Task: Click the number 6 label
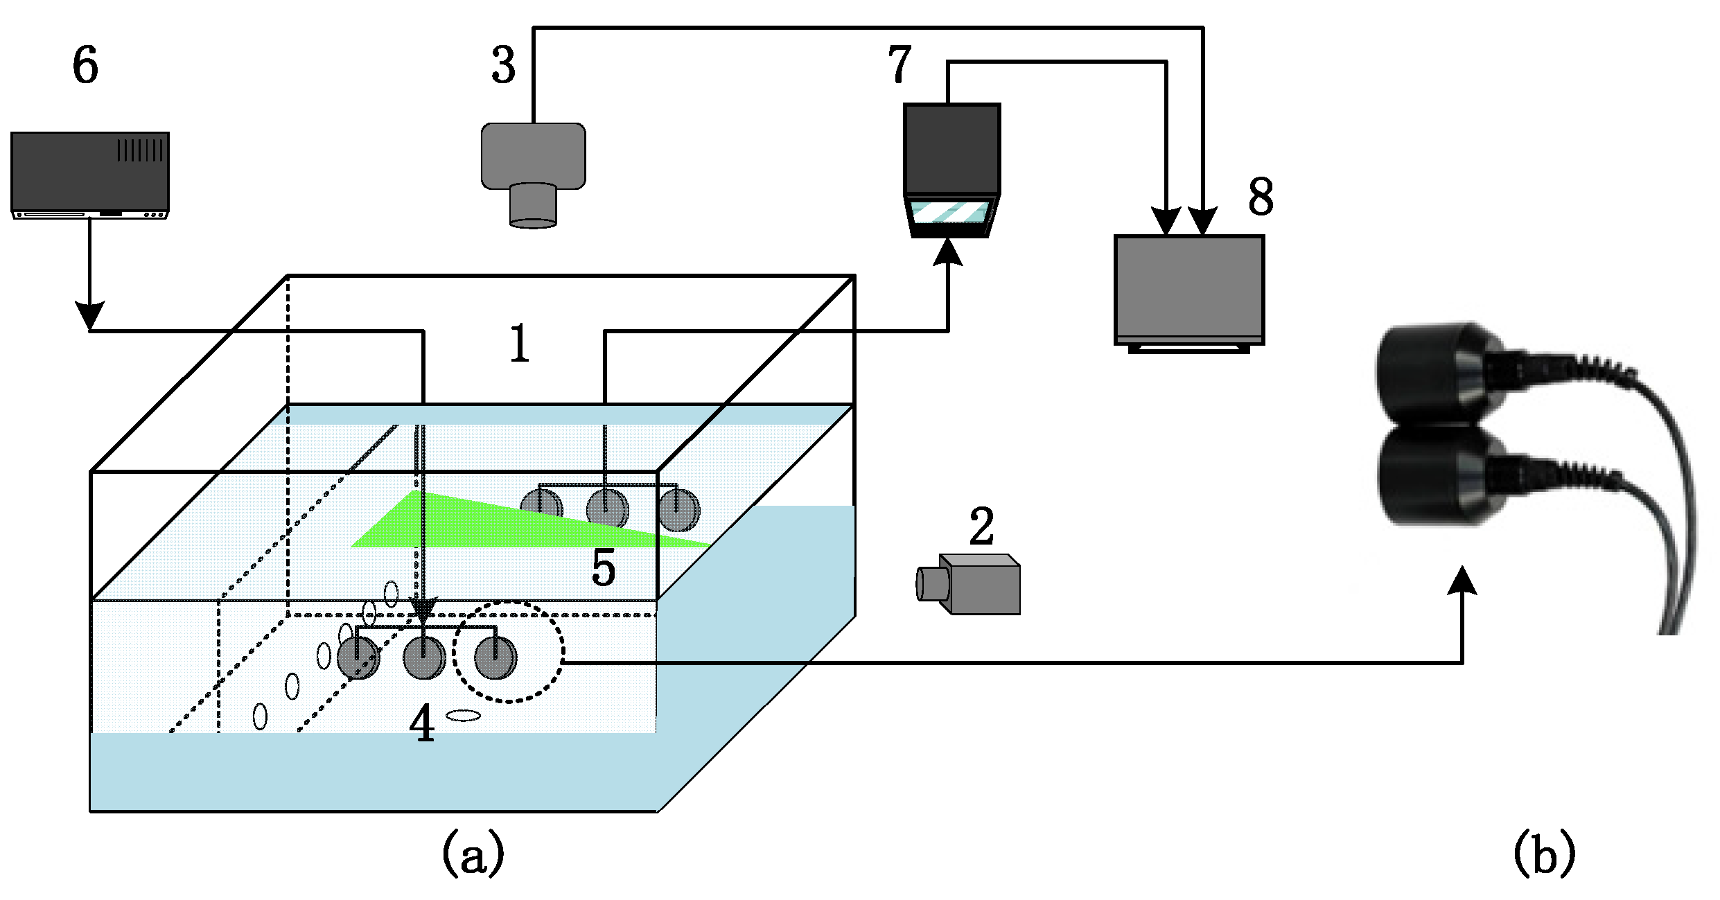pyautogui.click(x=85, y=65)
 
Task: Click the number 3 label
pyautogui.click(x=504, y=66)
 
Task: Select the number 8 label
pyautogui.click(x=1261, y=196)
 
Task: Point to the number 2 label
pyautogui.click(x=981, y=527)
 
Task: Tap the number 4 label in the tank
pyautogui.click(x=422, y=724)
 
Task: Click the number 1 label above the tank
pyautogui.click(x=520, y=344)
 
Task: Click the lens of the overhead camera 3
pyautogui.click(x=533, y=206)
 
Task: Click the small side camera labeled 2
pyautogui.click(x=970, y=584)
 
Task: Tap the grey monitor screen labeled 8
pyautogui.click(x=1189, y=287)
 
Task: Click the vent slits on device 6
pyautogui.click(x=140, y=150)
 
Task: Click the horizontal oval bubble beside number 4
pyautogui.click(x=463, y=716)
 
